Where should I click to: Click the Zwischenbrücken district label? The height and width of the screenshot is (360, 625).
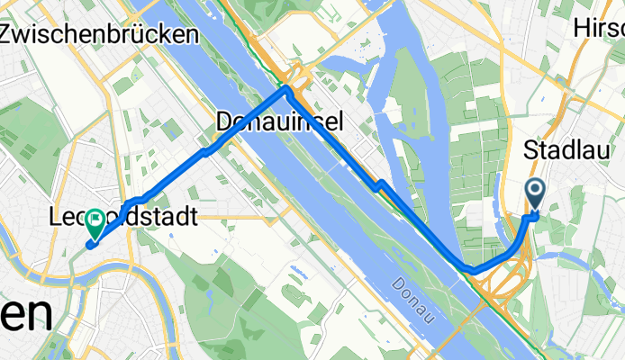(x=99, y=35)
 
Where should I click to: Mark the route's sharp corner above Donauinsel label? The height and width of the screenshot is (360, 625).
(x=286, y=89)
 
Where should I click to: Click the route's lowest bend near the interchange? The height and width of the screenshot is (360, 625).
(x=474, y=269)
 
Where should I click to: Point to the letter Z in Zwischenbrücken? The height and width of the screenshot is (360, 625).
(x=10, y=35)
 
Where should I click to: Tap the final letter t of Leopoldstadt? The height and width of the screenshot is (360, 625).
(x=193, y=217)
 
